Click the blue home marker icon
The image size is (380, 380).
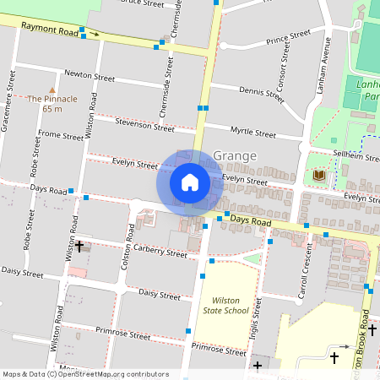190,182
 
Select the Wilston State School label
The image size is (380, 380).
225,306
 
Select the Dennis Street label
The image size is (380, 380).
261,91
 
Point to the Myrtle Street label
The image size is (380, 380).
252,133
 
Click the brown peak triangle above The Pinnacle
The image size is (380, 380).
52,89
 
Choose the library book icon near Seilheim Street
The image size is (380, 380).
318,175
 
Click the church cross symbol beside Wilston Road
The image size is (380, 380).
80,246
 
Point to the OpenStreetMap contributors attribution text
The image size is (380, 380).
85,374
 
